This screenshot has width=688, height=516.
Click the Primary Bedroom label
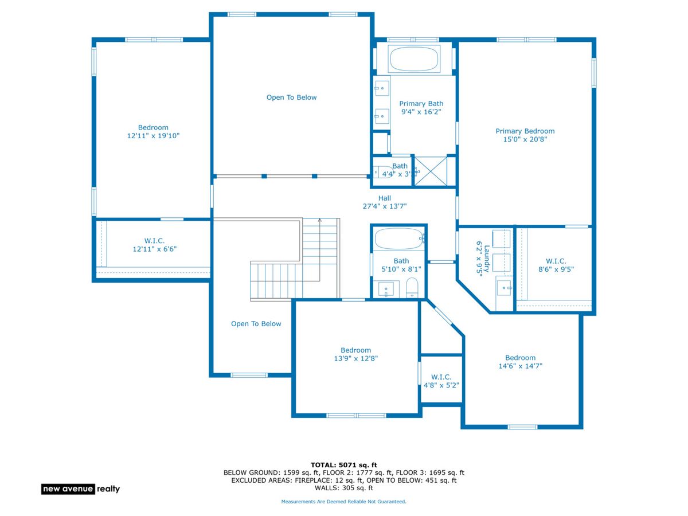(525, 135)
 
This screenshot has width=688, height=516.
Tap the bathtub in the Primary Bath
(413, 59)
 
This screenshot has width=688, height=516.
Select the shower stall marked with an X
(431, 171)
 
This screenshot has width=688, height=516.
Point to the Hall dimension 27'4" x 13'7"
(384, 206)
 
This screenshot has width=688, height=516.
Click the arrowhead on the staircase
(319, 220)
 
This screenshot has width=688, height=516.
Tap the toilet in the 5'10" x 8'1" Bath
(412, 287)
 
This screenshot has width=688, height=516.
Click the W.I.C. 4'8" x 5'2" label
(441, 381)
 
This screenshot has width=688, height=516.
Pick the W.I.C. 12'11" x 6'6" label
(154, 245)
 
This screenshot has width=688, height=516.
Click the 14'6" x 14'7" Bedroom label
(520, 362)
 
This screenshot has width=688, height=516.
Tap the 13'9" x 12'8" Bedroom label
(355, 354)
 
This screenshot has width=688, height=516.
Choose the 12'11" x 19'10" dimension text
(153, 136)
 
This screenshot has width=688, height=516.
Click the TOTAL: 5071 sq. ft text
(343, 464)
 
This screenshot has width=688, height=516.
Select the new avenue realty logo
(81, 488)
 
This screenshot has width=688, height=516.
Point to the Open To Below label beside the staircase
(256, 323)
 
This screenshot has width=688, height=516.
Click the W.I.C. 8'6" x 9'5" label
(556, 265)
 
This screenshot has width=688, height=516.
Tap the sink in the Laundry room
(503, 287)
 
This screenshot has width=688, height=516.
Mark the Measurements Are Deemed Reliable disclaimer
(343, 502)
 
